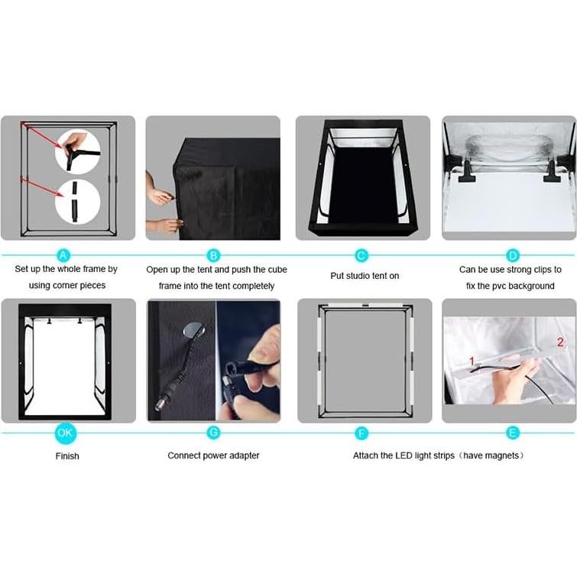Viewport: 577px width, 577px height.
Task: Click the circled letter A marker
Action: [64, 255]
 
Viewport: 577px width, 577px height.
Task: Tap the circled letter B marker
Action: [213, 255]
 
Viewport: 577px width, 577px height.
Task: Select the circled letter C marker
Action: [361, 255]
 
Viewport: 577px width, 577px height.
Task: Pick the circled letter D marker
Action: [513, 255]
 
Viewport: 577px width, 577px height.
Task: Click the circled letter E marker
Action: [513, 433]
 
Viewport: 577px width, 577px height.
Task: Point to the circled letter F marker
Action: [361, 433]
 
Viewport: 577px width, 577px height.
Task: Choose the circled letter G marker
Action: [213, 433]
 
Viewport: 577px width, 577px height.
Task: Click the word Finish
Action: [67, 456]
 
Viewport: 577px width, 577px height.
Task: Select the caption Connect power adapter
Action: [213, 455]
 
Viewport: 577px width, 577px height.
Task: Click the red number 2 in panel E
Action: [560, 342]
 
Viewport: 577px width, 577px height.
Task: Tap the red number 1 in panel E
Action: [472, 359]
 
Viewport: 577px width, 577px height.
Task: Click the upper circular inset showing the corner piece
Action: [77, 151]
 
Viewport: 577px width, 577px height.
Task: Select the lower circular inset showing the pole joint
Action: [77, 200]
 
